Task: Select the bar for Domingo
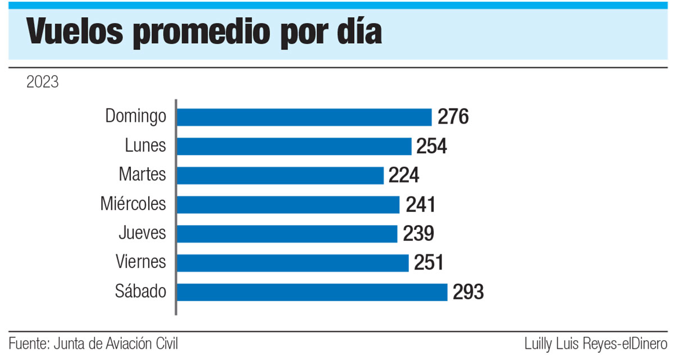point(304,117)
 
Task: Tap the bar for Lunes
point(294,146)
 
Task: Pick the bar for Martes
point(280,175)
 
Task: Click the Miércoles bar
point(288,204)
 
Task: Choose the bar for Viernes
point(293,263)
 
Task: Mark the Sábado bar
point(312,292)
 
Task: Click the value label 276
point(453,117)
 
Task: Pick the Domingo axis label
point(136,117)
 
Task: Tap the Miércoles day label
point(133,203)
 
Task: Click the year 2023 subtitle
point(42,83)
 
